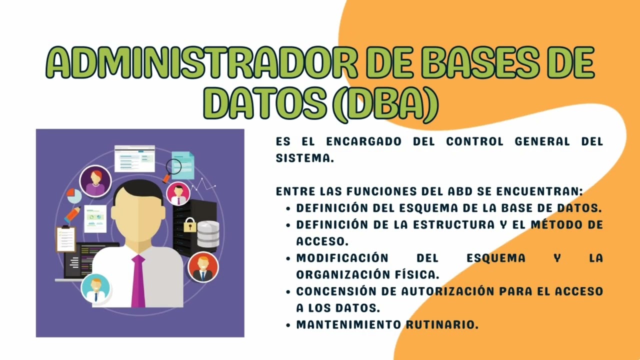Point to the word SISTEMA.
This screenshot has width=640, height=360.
pyautogui.click(x=304, y=158)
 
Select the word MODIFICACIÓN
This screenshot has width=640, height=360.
pyautogui.click(x=342, y=258)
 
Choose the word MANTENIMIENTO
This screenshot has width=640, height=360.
pyautogui.click(x=348, y=324)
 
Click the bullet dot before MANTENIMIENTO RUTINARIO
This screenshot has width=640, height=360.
pyautogui.click(x=288, y=325)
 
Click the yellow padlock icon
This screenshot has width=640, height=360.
pyautogui.click(x=189, y=225)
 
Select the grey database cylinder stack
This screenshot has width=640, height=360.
pyautogui.click(x=208, y=234)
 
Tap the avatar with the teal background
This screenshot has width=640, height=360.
pyautogui.click(x=95, y=289)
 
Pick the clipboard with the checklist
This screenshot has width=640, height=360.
pyautogui.click(x=65, y=238)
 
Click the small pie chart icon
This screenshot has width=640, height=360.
pyautogui.click(x=74, y=195)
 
